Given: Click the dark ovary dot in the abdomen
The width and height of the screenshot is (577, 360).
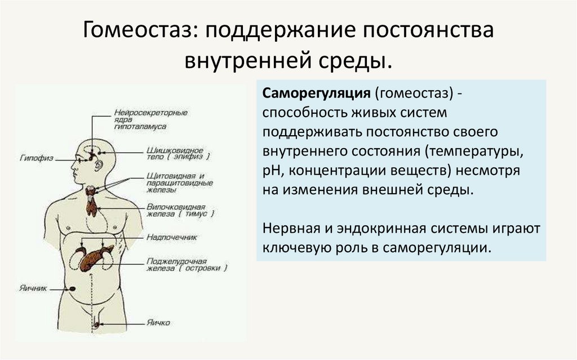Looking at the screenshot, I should pos(73,288).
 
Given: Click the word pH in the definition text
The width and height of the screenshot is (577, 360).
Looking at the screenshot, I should pos(270,171).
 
